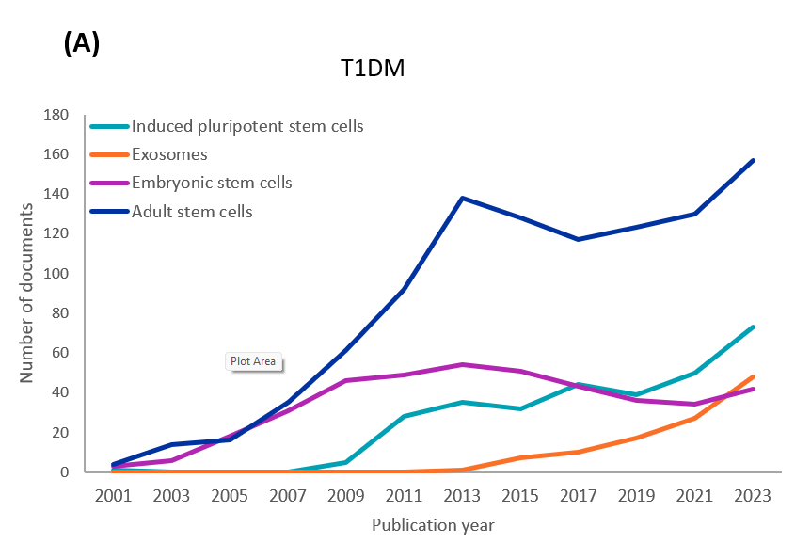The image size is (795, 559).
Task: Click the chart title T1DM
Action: click(373, 69)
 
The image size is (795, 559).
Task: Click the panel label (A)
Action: click(81, 43)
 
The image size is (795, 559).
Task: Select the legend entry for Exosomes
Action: click(169, 154)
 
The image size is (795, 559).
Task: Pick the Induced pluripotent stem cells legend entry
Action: click(247, 126)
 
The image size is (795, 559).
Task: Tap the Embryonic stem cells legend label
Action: click(212, 183)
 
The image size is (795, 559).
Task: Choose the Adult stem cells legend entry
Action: click(192, 212)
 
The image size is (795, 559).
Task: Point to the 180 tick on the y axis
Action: click(56, 115)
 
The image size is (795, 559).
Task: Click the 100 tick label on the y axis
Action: click(56, 274)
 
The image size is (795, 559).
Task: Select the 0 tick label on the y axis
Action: click(65, 472)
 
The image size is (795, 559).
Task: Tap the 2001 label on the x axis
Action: click(112, 495)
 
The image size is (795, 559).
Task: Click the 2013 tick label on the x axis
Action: click(462, 495)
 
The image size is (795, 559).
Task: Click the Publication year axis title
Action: click(433, 525)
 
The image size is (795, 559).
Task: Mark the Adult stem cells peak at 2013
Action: click(462, 198)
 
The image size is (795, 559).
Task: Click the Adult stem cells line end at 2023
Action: click(754, 160)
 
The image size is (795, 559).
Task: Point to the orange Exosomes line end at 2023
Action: click(754, 376)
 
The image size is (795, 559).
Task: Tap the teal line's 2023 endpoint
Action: click(754, 327)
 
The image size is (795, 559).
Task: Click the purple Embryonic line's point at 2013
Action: click(462, 364)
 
